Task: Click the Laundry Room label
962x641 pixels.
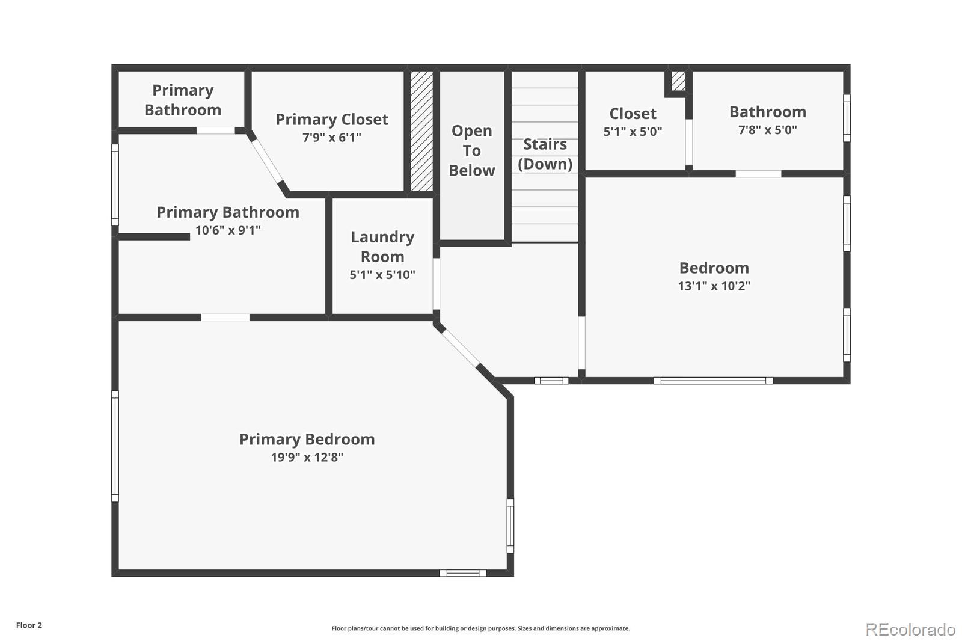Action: [x=382, y=247]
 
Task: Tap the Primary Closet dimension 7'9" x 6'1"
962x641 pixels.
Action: [x=332, y=138]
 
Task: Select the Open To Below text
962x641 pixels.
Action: [x=472, y=150]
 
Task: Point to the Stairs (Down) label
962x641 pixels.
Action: [x=545, y=154]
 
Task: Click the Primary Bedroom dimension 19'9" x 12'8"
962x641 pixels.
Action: [x=307, y=457]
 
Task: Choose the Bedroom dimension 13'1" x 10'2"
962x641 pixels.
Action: [x=714, y=286]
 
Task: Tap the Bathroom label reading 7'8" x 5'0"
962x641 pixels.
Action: [x=768, y=130]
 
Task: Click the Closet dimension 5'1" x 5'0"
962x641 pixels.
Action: [x=633, y=132]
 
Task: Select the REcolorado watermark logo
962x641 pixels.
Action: [x=910, y=629]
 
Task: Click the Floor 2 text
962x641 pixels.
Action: [x=29, y=625]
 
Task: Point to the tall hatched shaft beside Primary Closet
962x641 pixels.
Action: [x=421, y=131]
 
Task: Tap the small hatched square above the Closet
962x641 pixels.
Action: [x=678, y=81]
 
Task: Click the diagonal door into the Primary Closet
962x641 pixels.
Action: [x=267, y=161]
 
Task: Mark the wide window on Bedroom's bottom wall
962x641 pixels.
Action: [x=713, y=380]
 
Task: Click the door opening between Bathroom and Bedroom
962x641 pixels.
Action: [x=758, y=174]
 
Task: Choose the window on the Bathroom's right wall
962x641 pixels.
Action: [x=847, y=117]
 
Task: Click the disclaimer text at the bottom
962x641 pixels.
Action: [x=480, y=628]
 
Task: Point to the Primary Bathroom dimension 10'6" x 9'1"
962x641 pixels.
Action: [x=228, y=230]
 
